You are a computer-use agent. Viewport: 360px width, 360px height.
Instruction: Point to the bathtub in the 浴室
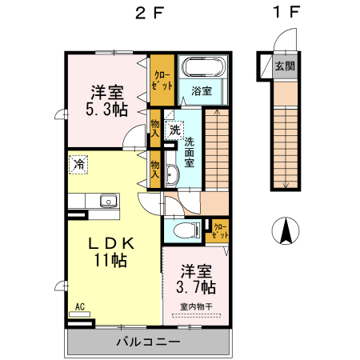point(203,66)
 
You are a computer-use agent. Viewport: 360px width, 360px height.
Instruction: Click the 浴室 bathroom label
point(202,90)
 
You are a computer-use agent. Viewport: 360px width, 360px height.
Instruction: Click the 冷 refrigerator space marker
point(79,163)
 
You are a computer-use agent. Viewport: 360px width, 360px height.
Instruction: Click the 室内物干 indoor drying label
point(196,306)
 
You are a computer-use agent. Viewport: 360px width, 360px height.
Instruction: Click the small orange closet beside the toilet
point(219,232)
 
